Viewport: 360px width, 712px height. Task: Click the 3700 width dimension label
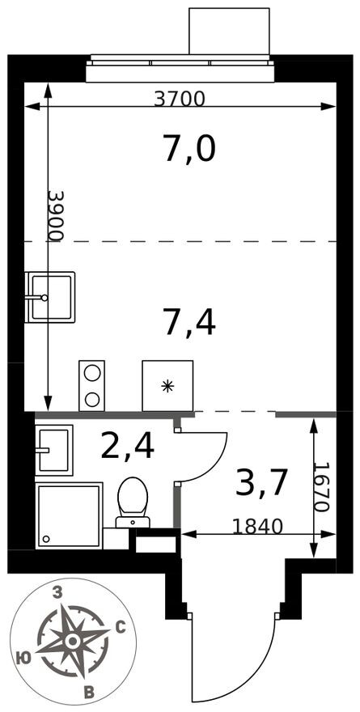[180, 98]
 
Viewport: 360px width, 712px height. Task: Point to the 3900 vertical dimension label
[57, 215]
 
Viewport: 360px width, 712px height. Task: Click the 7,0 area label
[188, 150]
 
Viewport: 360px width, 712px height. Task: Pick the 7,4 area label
[189, 322]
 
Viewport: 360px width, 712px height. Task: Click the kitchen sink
[49, 297]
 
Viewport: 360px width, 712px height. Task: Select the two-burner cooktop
[91, 385]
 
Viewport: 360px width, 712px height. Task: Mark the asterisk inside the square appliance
[167, 387]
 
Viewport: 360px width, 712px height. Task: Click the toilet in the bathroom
[133, 502]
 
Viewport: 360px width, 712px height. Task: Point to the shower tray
[69, 515]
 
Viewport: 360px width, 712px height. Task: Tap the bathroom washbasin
[54, 450]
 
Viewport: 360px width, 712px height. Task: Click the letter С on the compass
[121, 629]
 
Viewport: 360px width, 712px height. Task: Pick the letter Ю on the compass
[22, 658]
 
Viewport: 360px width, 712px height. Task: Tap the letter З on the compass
[57, 593]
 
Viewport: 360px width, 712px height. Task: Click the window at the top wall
[182, 68]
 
